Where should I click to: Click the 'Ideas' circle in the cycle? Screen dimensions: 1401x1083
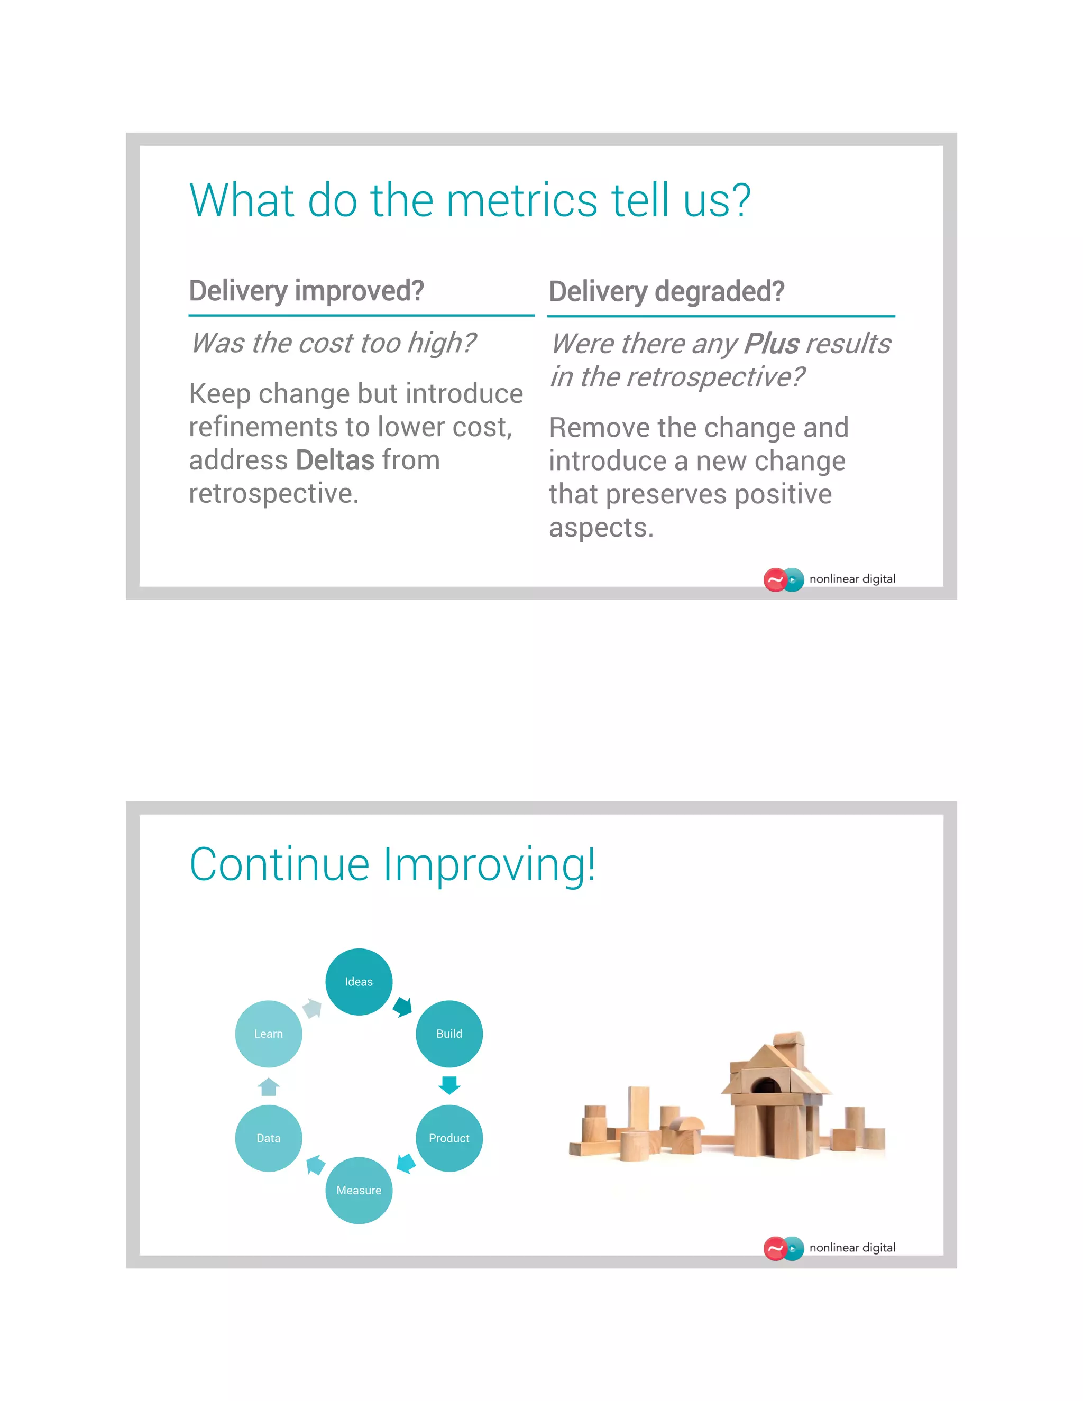(359, 981)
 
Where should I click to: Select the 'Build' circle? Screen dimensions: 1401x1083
(449, 1034)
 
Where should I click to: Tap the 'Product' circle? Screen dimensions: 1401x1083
(449, 1138)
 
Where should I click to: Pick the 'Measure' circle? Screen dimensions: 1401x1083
(359, 1190)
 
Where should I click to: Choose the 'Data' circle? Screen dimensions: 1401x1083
(268, 1138)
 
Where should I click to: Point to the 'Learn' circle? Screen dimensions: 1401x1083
(268, 1034)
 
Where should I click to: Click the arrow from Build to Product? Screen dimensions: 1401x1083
(449, 1085)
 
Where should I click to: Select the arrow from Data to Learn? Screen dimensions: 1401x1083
(268, 1086)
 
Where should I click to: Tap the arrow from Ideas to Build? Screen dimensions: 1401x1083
(403, 1007)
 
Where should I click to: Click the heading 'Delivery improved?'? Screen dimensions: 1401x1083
(306, 291)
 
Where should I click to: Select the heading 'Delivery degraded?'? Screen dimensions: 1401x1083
(667, 291)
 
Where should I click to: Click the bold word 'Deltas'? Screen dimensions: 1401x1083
(335, 460)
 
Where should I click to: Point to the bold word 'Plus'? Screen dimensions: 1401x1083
(772, 344)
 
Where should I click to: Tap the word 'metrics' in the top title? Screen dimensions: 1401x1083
(521, 200)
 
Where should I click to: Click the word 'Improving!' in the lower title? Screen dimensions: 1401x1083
(489, 865)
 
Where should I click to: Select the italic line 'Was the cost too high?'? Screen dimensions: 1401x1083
(333, 343)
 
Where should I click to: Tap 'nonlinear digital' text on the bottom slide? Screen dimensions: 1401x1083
(852, 1248)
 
